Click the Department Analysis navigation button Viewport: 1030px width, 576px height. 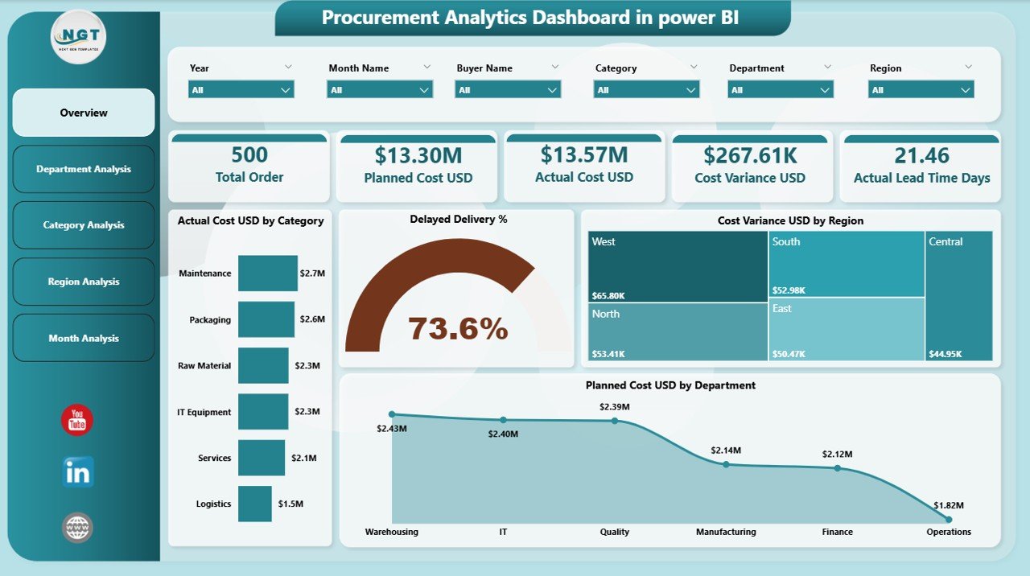coord(84,169)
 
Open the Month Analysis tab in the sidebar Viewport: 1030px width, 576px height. coord(84,338)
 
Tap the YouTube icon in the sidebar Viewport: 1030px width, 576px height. coord(77,420)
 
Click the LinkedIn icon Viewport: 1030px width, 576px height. coord(78,472)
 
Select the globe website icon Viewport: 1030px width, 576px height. coord(78,528)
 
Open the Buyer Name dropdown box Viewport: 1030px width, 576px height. coord(508,90)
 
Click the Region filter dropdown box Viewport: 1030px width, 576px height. coord(921,90)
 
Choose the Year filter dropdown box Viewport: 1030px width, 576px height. coord(241,90)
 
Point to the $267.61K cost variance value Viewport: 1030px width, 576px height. coord(750,155)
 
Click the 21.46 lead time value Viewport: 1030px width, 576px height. coord(921,155)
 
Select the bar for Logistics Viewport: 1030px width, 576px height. coord(255,504)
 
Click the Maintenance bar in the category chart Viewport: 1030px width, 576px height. coord(268,274)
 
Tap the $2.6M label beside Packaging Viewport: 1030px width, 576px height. coord(312,319)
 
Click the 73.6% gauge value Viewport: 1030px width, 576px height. coord(458,328)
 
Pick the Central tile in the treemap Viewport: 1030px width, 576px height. coord(959,296)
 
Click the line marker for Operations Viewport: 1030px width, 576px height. coord(949,519)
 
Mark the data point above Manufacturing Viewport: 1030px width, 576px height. coord(726,464)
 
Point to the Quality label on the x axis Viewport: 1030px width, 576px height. coord(615,532)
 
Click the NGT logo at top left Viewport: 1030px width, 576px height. coord(78,37)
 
